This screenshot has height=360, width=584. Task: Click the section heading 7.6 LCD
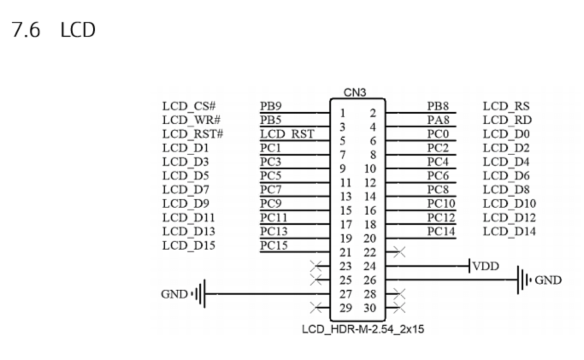click(52, 30)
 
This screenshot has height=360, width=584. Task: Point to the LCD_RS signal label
click(506, 107)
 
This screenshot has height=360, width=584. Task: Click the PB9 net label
click(271, 107)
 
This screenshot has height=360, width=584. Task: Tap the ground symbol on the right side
click(521, 280)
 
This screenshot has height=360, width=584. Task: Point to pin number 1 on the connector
click(342, 113)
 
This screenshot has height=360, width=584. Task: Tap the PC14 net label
click(441, 232)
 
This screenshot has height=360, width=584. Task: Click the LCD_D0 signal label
click(506, 134)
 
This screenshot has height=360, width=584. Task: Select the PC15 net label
click(274, 245)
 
